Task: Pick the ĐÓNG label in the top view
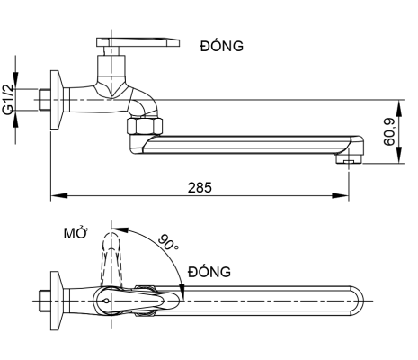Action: pos(209,271)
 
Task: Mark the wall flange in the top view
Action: pos(55,298)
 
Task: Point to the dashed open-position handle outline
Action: pos(112,256)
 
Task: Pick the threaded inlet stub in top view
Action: pos(42,298)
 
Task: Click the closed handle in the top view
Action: pos(148,298)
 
